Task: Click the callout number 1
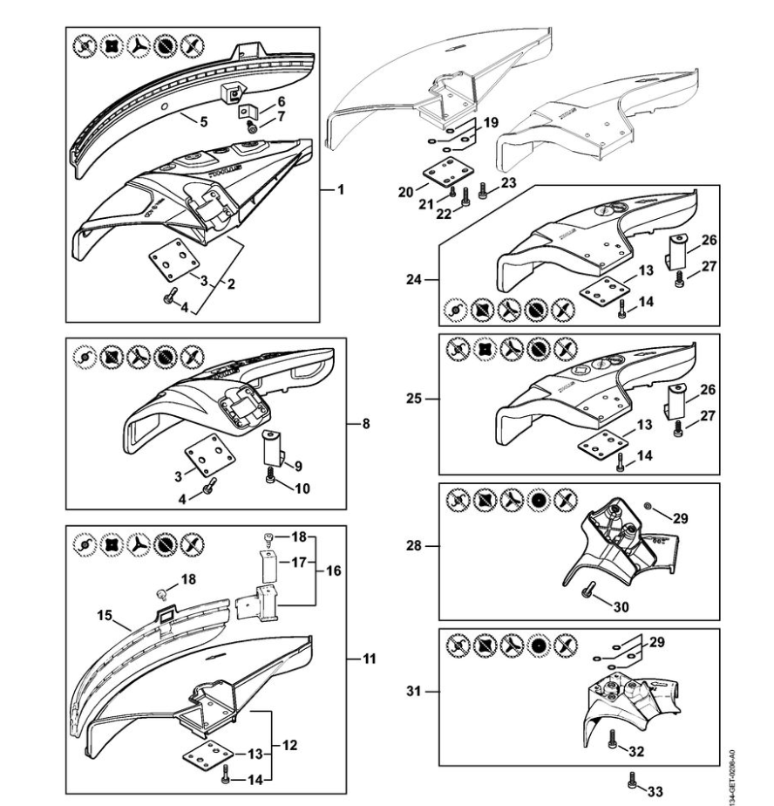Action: pyautogui.click(x=340, y=188)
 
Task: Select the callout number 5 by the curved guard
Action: pyautogui.click(x=202, y=122)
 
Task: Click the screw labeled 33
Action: pyautogui.click(x=634, y=779)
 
